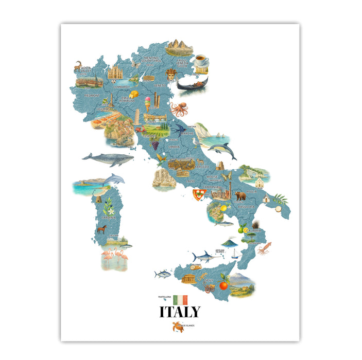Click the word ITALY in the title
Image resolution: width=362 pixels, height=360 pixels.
pyautogui.click(x=180, y=312)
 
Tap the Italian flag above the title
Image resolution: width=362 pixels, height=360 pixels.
pyautogui.click(x=181, y=299)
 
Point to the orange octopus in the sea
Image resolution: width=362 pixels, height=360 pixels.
pyautogui.click(x=179, y=109)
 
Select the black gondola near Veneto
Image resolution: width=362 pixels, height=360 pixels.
pyautogui.click(x=192, y=84)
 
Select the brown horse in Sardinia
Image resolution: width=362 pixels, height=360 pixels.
pyautogui.click(x=102, y=228)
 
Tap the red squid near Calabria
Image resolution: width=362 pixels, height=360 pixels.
pyautogui.click(x=264, y=249)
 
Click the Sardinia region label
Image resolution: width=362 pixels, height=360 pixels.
pyautogui.click(x=108, y=218)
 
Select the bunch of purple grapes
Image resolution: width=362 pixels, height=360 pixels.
pyautogui.click(x=154, y=145)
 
